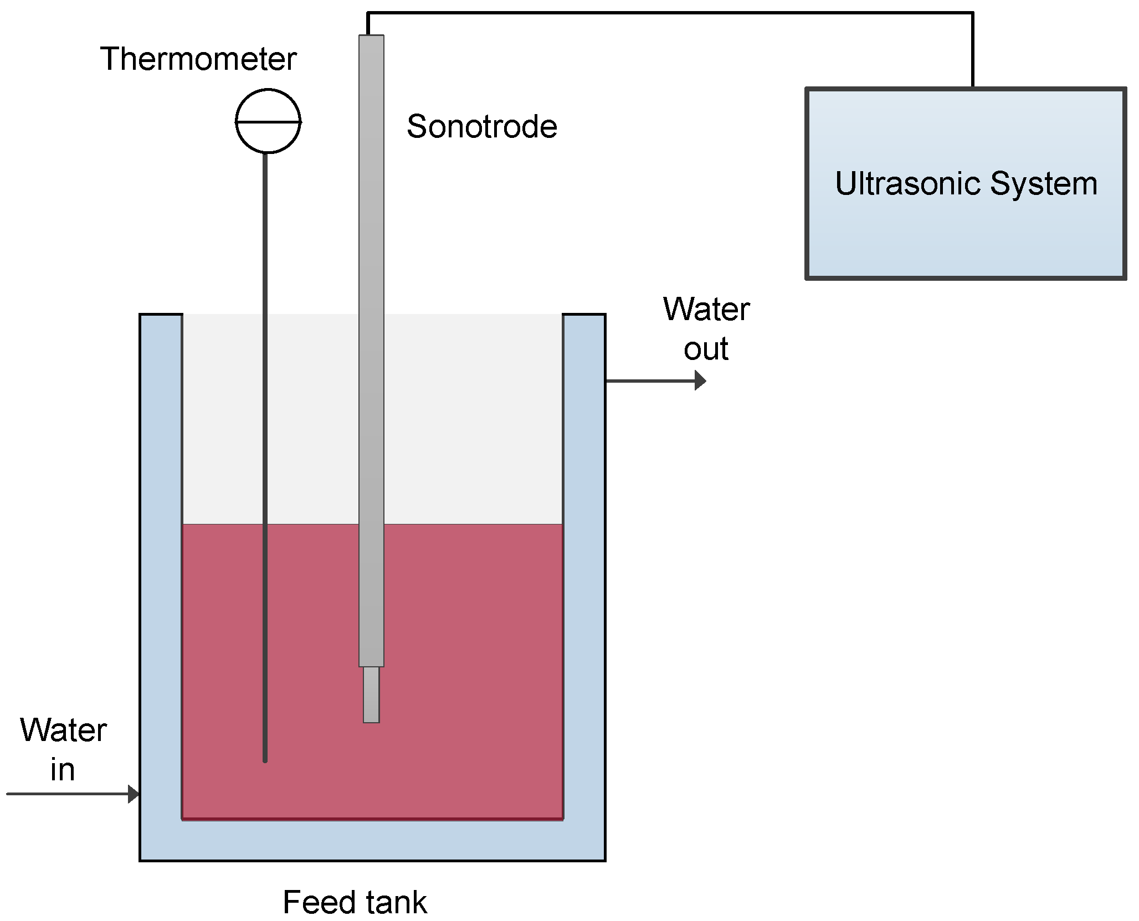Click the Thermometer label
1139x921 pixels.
coord(198,59)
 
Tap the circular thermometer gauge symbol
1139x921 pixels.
coord(268,121)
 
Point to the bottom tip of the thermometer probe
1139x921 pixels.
coord(265,759)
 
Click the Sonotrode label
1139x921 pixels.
coord(481,126)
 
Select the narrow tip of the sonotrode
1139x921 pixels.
coord(371,694)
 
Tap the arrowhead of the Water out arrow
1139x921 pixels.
coord(701,380)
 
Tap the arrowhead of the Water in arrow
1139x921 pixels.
coord(134,794)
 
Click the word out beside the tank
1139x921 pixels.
coord(706,349)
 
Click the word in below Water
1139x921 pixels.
coord(63,770)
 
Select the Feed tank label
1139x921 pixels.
coord(355,902)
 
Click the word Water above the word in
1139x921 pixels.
coord(64,730)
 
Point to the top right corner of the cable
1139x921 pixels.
coord(972,13)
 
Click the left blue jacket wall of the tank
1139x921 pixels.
coord(161,554)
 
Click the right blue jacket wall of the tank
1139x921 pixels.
coord(584,554)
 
